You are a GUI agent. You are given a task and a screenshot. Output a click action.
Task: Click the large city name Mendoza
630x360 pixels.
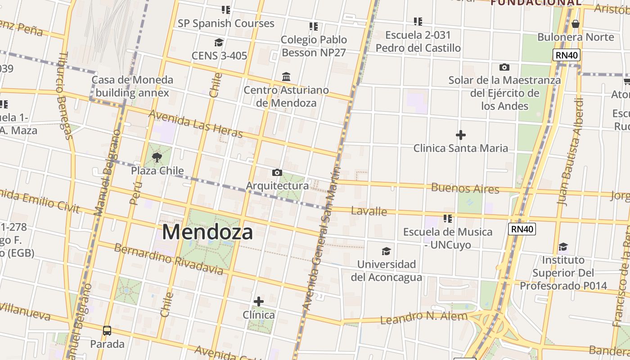coord(207,232)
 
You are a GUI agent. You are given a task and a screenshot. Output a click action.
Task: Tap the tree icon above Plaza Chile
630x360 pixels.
coord(157,157)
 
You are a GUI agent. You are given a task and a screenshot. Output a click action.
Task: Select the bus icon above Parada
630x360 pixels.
coord(107,331)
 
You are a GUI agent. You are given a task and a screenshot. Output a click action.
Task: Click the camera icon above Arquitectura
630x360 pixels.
coord(277,172)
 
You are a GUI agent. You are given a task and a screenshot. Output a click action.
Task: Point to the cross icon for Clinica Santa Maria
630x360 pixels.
coord(460,135)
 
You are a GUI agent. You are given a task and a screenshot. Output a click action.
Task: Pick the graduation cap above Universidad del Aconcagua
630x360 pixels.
coord(386,251)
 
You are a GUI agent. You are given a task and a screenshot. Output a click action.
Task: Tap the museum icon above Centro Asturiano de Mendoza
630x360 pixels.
coord(286,77)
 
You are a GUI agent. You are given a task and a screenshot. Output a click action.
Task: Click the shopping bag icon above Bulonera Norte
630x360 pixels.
coord(575,24)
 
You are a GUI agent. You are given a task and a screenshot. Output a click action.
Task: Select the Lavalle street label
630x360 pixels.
coord(369,211)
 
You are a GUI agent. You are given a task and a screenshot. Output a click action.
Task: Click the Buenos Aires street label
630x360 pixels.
coord(465,188)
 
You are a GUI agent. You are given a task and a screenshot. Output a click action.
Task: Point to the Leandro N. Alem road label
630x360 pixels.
coord(424,317)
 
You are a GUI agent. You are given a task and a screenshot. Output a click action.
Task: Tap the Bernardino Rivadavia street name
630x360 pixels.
coord(169,259)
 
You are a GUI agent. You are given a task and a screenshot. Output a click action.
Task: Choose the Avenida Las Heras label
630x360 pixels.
coord(195,124)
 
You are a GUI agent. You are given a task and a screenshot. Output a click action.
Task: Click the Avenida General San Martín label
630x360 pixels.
coord(321,238)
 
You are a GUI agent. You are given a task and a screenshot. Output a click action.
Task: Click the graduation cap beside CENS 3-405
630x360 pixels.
coord(219,43)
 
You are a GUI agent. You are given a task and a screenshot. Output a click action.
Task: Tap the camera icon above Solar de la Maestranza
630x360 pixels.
coord(504,67)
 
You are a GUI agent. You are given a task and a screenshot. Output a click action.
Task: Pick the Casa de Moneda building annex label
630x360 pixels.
coord(132,86)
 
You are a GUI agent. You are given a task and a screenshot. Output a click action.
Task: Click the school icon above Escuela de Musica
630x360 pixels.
coord(447,219)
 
